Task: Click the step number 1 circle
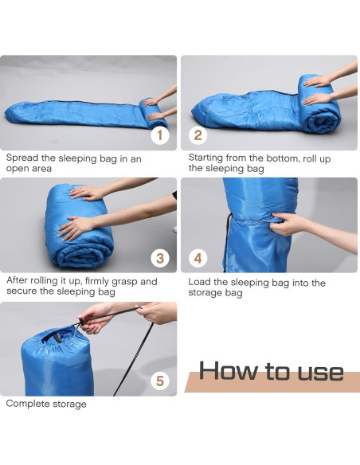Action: point(160,135)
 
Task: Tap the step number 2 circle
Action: point(198,135)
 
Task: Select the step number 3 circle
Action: point(160,257)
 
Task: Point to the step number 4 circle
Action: point(198,257)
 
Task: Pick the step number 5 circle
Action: point(160,381)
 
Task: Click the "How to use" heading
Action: point(271,372)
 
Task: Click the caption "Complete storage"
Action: point(46,404)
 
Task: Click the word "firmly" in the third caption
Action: point(98,281)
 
